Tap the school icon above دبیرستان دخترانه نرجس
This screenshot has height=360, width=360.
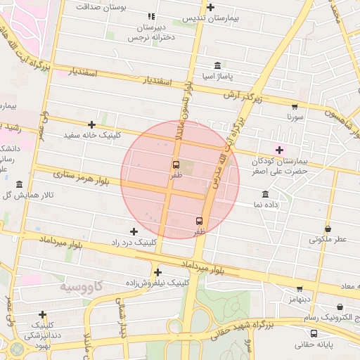[x=151, y=16]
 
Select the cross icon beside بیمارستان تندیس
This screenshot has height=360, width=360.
[x=211, y=7]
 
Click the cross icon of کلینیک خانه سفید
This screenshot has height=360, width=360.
[x=91, y=124]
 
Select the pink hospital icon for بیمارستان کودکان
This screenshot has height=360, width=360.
[x=279, y=150]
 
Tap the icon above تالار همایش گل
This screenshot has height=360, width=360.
[x=19, y=184]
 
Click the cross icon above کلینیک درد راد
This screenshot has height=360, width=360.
[x=134, y=231]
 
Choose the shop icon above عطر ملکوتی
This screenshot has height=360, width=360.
[x=328, y=229]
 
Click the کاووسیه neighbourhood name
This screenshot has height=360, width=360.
[x=80, y=286]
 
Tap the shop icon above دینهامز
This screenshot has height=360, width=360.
[x=300, y=288]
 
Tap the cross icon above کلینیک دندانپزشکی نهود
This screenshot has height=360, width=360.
[x=43, y=314]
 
